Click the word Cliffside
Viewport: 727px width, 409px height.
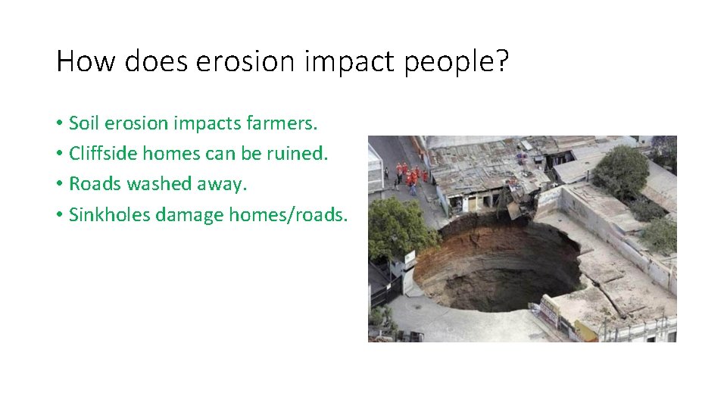pyautogui.click(x=101, y=154)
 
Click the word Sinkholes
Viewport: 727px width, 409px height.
pyautogui.click(x=109, y=215)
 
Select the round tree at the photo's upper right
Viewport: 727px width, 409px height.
pyautogui.click(x=620, y=170)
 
